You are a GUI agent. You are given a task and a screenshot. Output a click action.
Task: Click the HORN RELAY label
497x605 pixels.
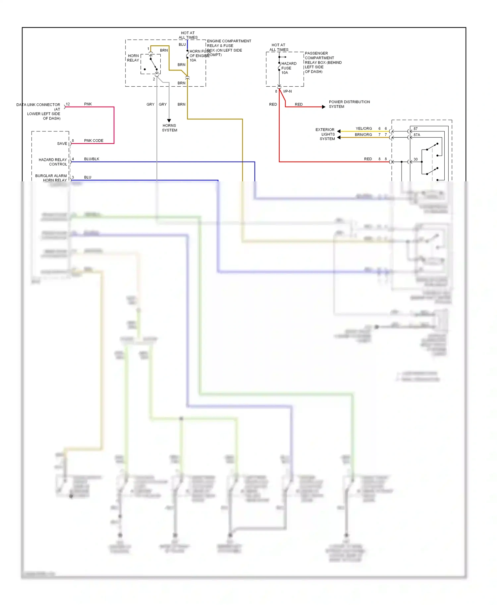coord(133,58)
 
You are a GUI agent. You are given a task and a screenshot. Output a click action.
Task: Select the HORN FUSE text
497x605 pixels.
coord(200,51)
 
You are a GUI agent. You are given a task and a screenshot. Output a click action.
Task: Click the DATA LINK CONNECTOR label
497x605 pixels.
coord(38,105)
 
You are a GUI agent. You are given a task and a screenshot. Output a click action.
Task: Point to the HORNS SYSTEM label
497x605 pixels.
coord(169,128)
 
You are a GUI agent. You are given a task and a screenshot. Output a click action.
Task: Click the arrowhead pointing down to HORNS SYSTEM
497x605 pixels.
coord(169,121)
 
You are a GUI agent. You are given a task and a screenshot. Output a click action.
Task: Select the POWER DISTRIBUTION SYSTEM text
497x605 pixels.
coord(349,104)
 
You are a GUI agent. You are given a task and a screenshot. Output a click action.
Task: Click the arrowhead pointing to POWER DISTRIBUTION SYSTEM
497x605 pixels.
coord(324,107)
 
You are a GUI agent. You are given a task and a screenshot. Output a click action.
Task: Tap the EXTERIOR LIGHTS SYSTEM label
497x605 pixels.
coord(325,134)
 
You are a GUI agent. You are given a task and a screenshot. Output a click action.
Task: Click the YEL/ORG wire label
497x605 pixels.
coord(363,128)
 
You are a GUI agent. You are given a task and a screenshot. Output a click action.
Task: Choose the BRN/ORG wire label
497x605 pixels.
coord(363,135)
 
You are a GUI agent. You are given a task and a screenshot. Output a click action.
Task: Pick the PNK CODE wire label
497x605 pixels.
coord(93,141)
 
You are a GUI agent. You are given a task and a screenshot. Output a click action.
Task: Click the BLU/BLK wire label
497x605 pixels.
coord(91,159)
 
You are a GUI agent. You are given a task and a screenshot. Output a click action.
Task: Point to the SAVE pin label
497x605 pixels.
coord(62,144)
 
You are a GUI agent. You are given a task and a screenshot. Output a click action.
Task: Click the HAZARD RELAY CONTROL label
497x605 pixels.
coord(53,162)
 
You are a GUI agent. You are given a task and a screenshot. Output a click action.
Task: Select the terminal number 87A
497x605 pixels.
coord(416,135)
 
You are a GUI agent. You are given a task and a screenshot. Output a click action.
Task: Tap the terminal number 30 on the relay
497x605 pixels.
coord(415,160)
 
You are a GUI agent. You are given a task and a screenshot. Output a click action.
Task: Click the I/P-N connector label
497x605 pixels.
coord(287,91)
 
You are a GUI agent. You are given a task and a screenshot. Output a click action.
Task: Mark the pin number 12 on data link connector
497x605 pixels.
coord(68,104)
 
